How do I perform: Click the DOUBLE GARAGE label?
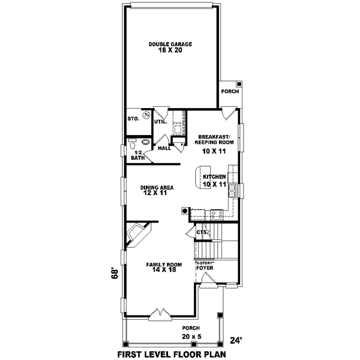tap(170, 44)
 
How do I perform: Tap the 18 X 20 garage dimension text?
tap(170, 51)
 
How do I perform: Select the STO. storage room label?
tap(133, 119)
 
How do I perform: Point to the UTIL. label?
tap(161, 122)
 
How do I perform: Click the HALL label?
tap(164, 148)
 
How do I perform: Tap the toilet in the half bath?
tap(132, 144)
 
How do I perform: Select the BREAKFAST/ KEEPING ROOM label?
tap(214, 140)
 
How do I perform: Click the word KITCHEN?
tap(214, 176)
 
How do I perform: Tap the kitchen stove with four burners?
tap(217, 213)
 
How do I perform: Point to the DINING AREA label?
tap(157, 187)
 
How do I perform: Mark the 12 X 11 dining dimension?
tap(157, 194)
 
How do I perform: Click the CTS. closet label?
tap(202, 232)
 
